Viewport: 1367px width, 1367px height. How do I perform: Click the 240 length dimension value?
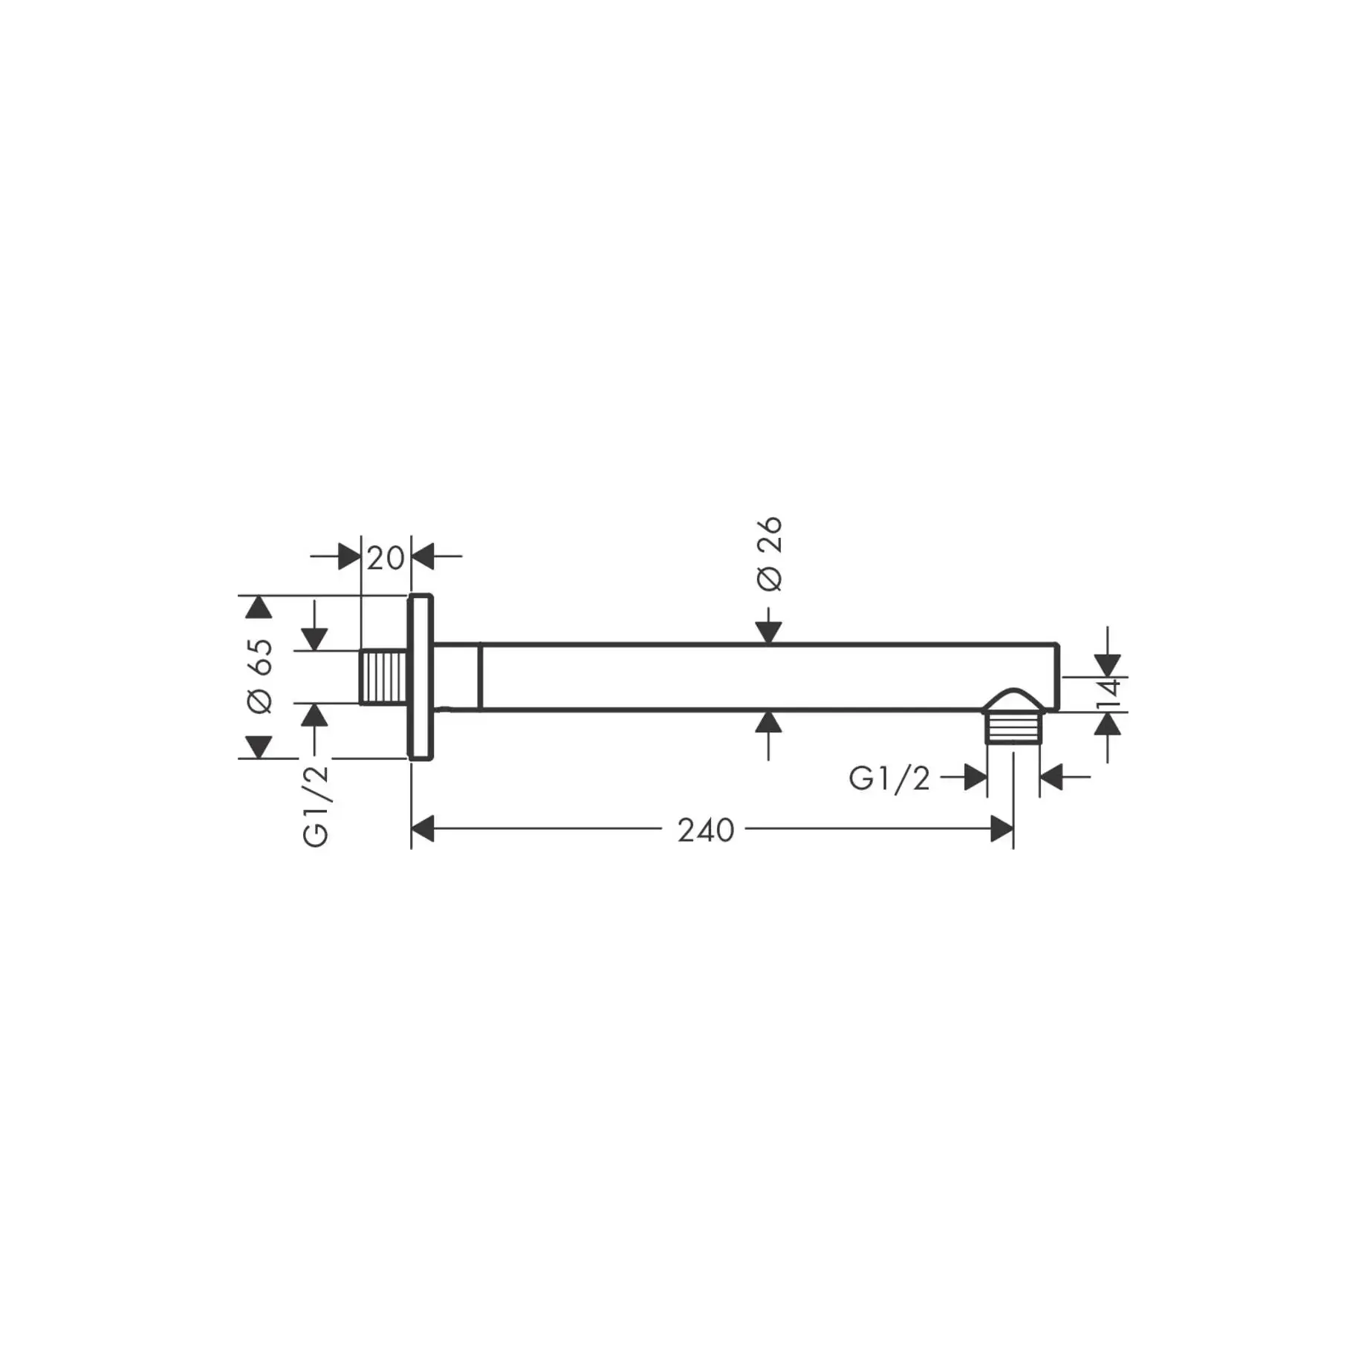click(x=706, y=830)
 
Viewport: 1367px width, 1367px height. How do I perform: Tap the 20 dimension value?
click(x=386, y=558)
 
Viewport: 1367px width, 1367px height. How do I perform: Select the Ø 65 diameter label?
click(x=261, y=676)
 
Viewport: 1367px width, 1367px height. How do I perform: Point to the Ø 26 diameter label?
click(x=770, y=553)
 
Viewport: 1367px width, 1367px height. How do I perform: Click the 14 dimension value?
click(x=1108, y=695)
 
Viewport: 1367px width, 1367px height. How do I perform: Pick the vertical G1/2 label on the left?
click(x=316, y=806)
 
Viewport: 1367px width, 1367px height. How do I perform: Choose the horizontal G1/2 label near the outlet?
click(x=889, y=779)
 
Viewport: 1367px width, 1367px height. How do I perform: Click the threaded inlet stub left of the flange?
click(x=383, y=676)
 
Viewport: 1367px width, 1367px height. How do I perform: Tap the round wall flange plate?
click(x=421, y=677)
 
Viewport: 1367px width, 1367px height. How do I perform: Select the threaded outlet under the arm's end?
click(x=1013, y=728)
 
